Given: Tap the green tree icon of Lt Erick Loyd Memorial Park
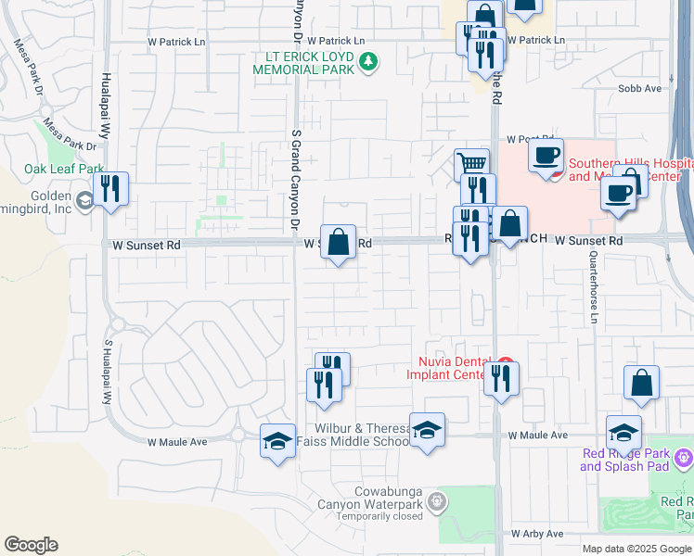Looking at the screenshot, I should click(370, 62).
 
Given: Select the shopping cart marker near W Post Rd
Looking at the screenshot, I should click(472, 164).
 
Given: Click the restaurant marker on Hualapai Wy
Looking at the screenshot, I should click(110, 189).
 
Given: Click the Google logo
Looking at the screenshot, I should click(31, 545).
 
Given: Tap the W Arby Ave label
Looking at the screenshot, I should click(537, 534).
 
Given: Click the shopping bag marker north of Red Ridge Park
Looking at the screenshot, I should click(641, 382).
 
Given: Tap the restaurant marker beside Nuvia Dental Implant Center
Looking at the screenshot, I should click(501, 377).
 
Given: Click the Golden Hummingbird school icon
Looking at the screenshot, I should click(85, 200).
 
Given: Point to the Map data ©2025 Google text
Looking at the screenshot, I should click(636, 549).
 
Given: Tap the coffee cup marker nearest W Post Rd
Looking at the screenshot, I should click(546, 155).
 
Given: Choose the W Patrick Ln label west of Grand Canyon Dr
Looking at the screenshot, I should click(177, 42).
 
